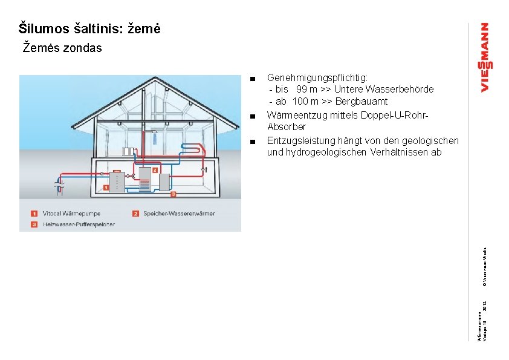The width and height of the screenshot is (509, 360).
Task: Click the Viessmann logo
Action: pyautogui.click(x=485, y=57)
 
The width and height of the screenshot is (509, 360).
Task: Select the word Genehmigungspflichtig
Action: pyautogui.click(x=316, y=78)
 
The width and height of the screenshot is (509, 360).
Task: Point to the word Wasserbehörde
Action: pyautogui.click(x=404, y=90)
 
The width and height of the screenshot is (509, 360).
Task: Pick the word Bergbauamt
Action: pyautogui.click(x=361, y=101)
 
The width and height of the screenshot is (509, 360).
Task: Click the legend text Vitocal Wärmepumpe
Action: pyautogui.click(x=71, y=214)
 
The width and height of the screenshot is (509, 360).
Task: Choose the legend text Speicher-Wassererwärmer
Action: pyautogui.click(x=179, y=214)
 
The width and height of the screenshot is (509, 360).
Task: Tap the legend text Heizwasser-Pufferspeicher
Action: pyautogui.click(x=79, y=224)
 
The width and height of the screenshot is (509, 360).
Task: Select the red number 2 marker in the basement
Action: pyautogui.click(x=155, y=171)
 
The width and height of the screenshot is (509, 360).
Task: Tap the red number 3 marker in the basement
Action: pyautogui.click(x=173, y=194)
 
